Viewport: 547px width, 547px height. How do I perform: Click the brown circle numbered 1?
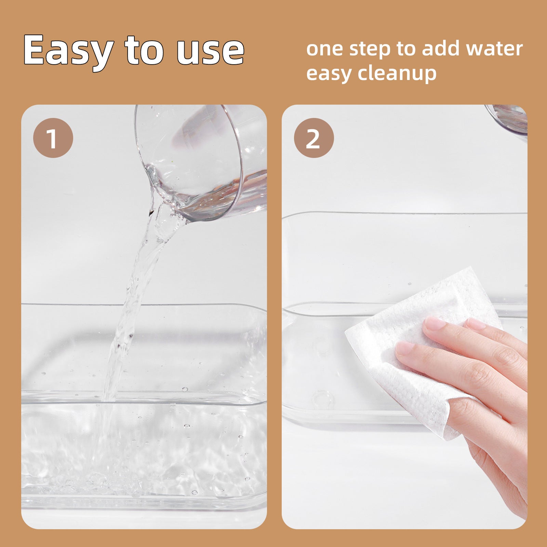pyautogui.click(x=53, y=138)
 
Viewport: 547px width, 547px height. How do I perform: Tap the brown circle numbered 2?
pyautogui.click(x=313, y=138)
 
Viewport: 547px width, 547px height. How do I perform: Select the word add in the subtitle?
pyautogui.click(x=441, y=48)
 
